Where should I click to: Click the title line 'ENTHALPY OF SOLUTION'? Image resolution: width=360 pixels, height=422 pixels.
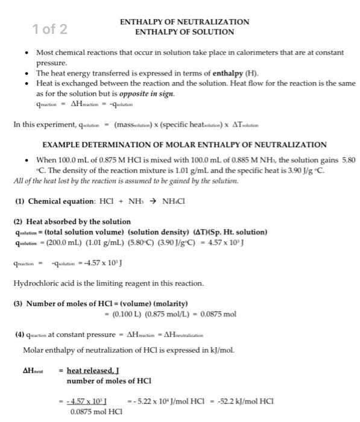tap(185, 31)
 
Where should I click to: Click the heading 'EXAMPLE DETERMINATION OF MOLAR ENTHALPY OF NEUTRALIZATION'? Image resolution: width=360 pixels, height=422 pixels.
tap(185, 145)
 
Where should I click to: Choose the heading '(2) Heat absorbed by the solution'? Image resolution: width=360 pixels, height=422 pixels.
tap(72, 222)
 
